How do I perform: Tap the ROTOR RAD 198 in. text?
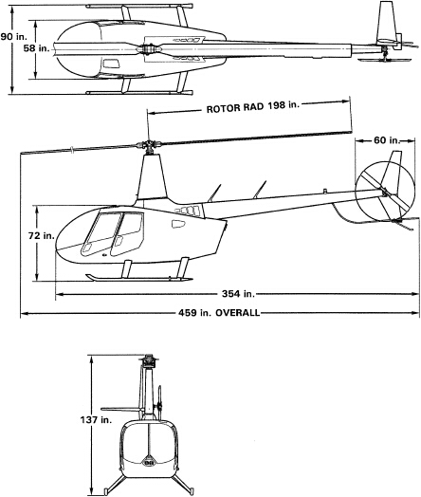point(253,107)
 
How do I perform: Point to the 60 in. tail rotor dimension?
point(387,140)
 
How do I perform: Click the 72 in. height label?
point(42,236)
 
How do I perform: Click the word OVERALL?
point(238,313)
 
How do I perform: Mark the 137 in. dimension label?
point(96,420)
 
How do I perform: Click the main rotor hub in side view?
point(148,146)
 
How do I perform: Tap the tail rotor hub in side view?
point(385,192)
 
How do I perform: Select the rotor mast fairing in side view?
point(152,177)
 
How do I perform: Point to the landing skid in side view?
point(138,278)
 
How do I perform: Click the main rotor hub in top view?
point(149,49)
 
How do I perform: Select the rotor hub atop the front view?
point(148,360)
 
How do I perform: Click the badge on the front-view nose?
point(149,463)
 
